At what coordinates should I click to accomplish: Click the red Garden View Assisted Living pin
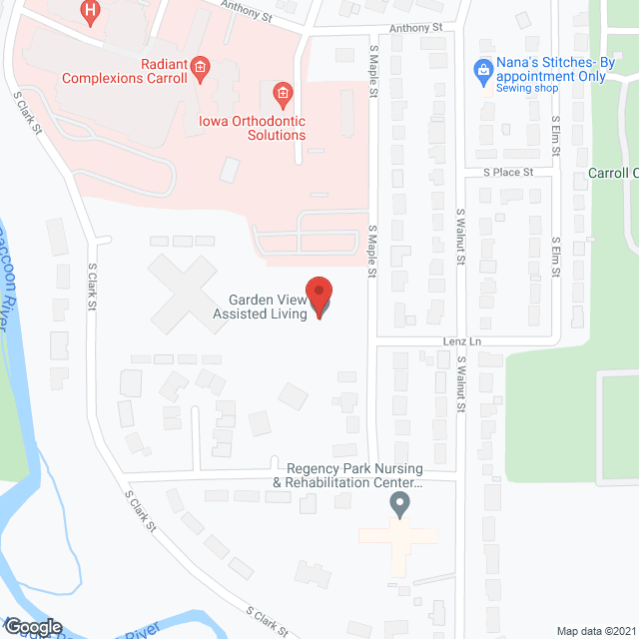click(x=319, y=296)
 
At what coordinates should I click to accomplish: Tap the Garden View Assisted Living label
click(x=253, y=307)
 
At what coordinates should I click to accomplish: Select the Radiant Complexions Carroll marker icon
click(x=200, y=68)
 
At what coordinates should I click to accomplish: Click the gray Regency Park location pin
click(x=399, y=504)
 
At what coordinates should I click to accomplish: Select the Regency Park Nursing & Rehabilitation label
click(x=354, y=475)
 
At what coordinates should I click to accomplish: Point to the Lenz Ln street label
click(x=462, y=341)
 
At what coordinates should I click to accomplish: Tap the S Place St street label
click(x=508, y=172)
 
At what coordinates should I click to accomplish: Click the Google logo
click(x=33, y=626)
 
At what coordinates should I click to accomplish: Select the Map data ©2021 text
click(x=596, y=630)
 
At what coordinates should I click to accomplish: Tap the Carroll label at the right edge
click(x=612, y=173)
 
